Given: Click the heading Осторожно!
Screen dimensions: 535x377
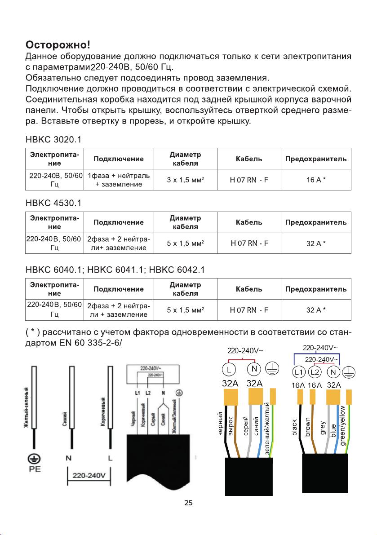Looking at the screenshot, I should (58, 45).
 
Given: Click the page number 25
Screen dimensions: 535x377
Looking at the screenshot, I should (189, 502).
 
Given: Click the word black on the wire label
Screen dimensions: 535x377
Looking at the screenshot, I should (295, 427).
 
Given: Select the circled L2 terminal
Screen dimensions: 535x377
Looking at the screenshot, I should (315, 372).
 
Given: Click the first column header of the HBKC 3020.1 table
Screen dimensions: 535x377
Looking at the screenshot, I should (55, 159).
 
